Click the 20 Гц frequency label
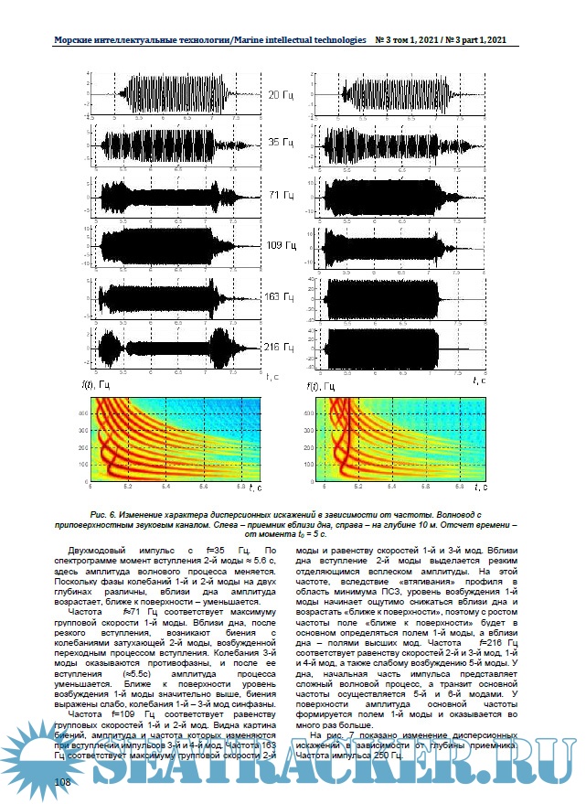click(x=281, y=94)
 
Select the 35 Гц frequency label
click(x=281, y=144)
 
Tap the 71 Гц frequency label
click(x=281, y=197)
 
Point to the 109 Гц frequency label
click(x=281, y=246)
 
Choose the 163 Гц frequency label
click(x=281, y=298)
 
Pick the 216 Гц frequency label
click(x=281, y=348)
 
